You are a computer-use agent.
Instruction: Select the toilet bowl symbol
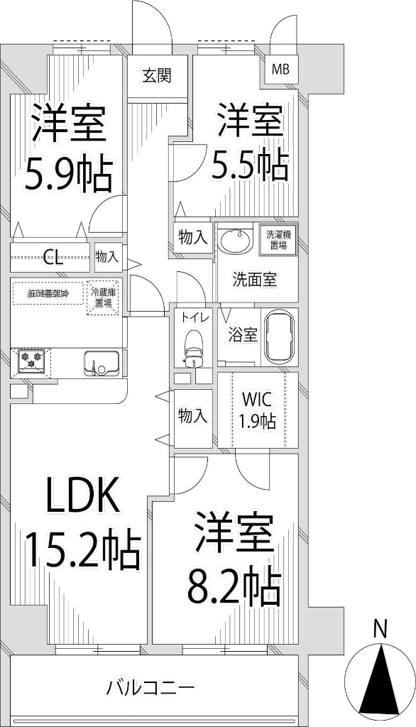[193, 344]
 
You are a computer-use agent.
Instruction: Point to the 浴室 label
[243, 335]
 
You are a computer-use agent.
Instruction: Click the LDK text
[82, 496]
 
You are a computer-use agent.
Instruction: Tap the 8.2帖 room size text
[233, 585]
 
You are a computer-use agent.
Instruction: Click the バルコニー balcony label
[150, 687]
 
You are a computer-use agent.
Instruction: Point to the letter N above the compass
[380, 628]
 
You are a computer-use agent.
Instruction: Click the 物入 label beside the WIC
[192, 416]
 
